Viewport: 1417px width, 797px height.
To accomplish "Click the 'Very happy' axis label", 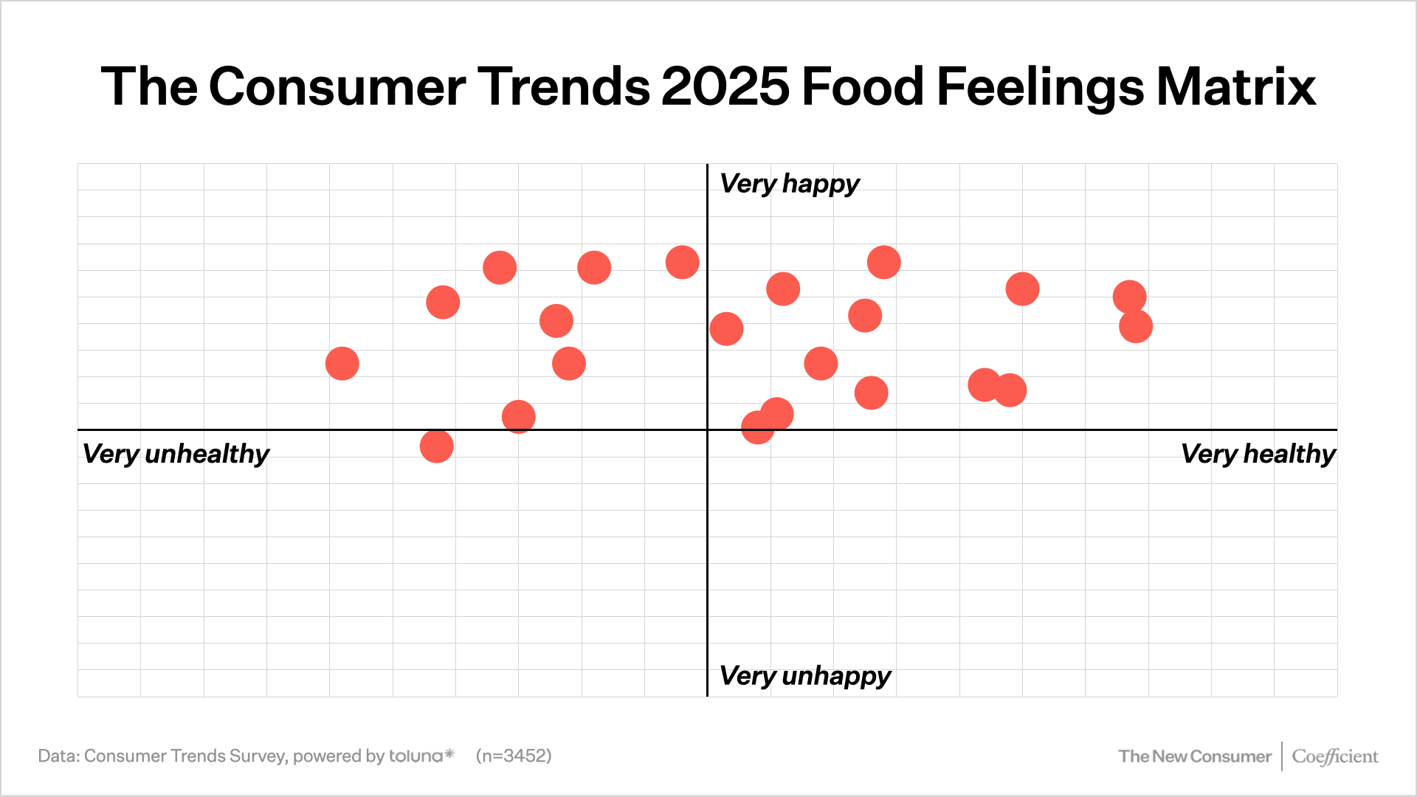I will [789, 183].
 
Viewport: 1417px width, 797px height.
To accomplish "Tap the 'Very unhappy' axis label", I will [804, 675].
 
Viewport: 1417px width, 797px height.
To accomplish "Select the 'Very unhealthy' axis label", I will [176, 453].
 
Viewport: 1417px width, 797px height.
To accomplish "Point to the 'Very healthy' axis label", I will [1258, 453].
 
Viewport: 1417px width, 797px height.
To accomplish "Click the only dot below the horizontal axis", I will [436, 446].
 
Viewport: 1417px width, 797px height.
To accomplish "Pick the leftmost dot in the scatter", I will [342, 364].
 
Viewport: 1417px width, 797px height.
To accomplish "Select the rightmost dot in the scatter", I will [1136, 326].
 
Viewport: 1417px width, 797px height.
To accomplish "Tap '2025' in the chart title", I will [725, 87].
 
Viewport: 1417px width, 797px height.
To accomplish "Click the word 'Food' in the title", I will [863, 87].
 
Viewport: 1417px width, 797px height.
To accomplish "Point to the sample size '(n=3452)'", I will [514, 756].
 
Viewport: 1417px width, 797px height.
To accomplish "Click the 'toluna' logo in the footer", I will [421, 756].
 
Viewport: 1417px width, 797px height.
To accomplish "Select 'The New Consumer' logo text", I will [1194, 756].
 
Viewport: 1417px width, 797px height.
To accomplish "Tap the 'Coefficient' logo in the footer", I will [1334, 756].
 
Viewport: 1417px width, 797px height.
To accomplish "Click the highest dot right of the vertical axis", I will [883, 262].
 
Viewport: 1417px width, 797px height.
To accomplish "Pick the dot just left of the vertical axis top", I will [682, 262].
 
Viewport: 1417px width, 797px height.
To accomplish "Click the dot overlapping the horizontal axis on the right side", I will [757, 428].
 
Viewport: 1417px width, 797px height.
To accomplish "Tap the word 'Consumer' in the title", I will [337, 87].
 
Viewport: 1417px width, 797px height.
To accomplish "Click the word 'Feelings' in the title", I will [1040, 87].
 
